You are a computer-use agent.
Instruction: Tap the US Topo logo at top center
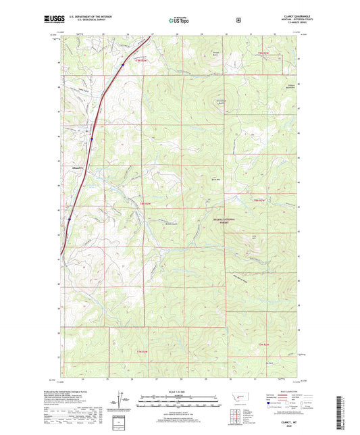pos(180,21)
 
